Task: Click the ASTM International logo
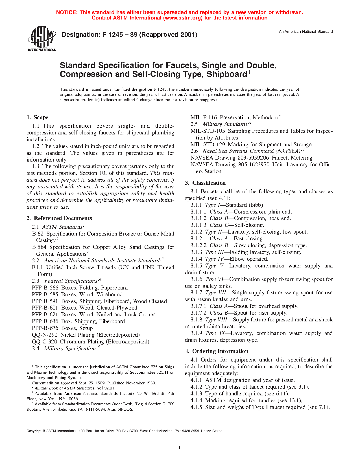click(42, 39)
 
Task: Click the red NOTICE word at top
click(67, 12)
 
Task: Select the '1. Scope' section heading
click(38, 117)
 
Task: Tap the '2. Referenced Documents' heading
click(59, 218)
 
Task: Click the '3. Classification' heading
click(205, 183)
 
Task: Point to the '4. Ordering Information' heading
click(217, 351)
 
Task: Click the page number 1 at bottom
click(180, 447)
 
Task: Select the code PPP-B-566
click(45, 288)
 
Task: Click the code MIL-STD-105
click(208, 131)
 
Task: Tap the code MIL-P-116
click(204, 117)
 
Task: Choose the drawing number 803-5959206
click(254, 158)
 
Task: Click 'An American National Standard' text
click(306, 32)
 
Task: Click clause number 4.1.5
click(196, 407)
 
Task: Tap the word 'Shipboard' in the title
click(227, 74)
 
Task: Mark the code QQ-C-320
click(44, 342)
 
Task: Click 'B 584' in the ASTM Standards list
click(39, 247)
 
